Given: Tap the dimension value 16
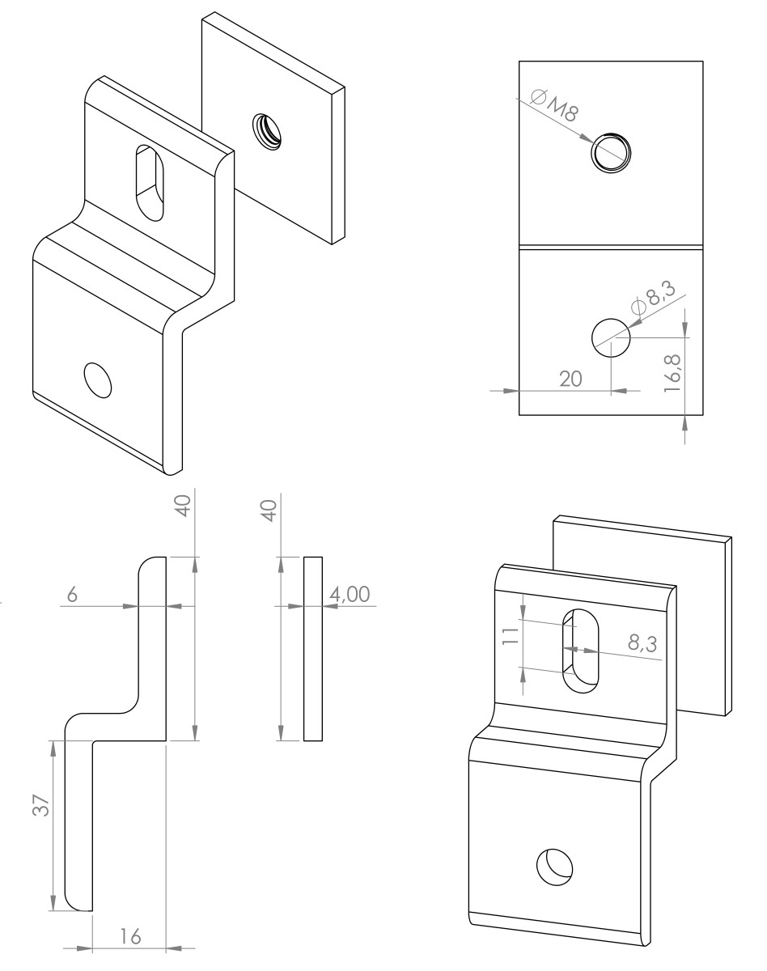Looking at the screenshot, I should tap(129, 936).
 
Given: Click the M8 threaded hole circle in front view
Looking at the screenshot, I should tap(611, 151).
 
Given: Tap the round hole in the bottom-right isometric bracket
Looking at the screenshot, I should tap(555, 865).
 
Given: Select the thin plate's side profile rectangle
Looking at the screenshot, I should tap(312, 648).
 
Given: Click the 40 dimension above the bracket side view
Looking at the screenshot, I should tap(184, 506).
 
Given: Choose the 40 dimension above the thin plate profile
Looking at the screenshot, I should tap(269, 511).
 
